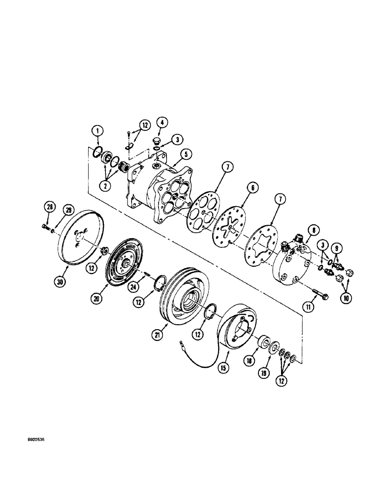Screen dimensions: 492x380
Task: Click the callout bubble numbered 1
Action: point(98,130)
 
